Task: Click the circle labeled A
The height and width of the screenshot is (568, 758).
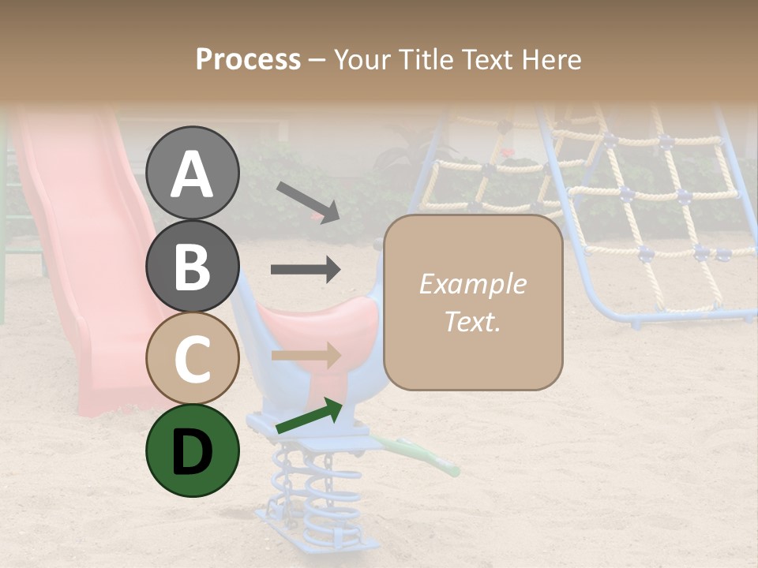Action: coord(192,173)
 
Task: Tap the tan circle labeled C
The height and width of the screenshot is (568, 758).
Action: coord(192,358)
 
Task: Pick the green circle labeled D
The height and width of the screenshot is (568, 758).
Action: coord(192,450)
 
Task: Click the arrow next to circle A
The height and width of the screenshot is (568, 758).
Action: coord(307,201)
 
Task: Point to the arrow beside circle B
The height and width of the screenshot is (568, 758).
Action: coord(305,270)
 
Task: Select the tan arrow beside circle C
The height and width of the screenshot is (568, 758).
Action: coord(305,355)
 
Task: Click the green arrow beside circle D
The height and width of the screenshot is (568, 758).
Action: coord(309,417)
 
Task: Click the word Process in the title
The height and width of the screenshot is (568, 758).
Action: coord(248,60)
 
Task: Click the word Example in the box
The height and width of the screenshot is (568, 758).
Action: coord(472,284)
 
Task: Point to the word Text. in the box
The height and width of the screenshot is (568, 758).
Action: coord(472,321)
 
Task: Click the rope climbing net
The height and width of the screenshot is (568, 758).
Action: coord(632,197)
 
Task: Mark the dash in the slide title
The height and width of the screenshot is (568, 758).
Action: coord(317,60)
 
